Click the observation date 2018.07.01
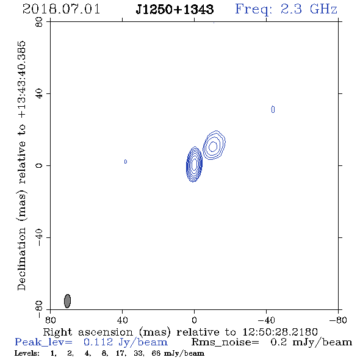click(61, 9)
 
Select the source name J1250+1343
click(175, 9)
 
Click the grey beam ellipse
click(67, 301)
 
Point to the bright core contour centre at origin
click(194, 164)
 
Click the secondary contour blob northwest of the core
click(214, 145)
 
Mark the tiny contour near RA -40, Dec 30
click(273, 109)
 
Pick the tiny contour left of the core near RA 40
click(126, 162)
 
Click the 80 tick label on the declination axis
click(39, 22)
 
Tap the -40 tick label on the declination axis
click(39, 237)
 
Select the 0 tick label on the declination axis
click(39, 165)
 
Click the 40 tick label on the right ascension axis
click(123, 320)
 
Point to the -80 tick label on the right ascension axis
click(338, 320)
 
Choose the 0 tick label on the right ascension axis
click(194, 320)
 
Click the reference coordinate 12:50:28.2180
click(280, 332)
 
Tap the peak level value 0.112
click(98, 342)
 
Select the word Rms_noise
click(225, 342)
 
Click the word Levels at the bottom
click(27, 353)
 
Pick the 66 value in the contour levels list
click(156, 353)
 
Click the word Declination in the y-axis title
click(21, 259)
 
